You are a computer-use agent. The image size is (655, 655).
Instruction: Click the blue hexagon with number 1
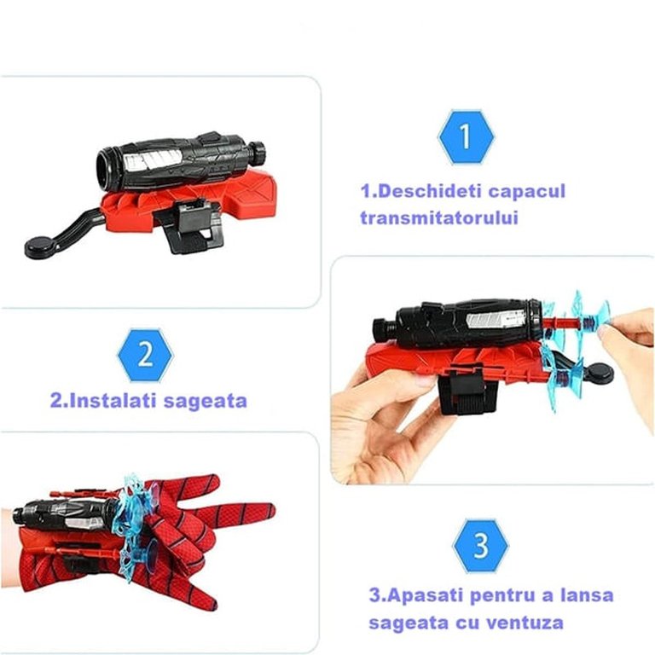point(466,137)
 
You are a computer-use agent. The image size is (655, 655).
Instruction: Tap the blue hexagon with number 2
point(145,355)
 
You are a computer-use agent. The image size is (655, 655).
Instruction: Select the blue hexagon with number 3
point(481,546)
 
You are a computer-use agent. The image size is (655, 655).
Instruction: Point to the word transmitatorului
point(439,218)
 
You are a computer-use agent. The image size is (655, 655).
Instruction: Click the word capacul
point(528,192)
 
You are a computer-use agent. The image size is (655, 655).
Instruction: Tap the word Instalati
point(104,401)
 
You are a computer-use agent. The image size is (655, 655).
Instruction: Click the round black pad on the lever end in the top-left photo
point(43,247)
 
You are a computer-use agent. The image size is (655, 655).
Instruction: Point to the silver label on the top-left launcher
point(153,159)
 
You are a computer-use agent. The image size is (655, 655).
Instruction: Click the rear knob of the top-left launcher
point(258,154)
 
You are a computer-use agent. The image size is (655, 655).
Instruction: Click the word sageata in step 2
point(205,402)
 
